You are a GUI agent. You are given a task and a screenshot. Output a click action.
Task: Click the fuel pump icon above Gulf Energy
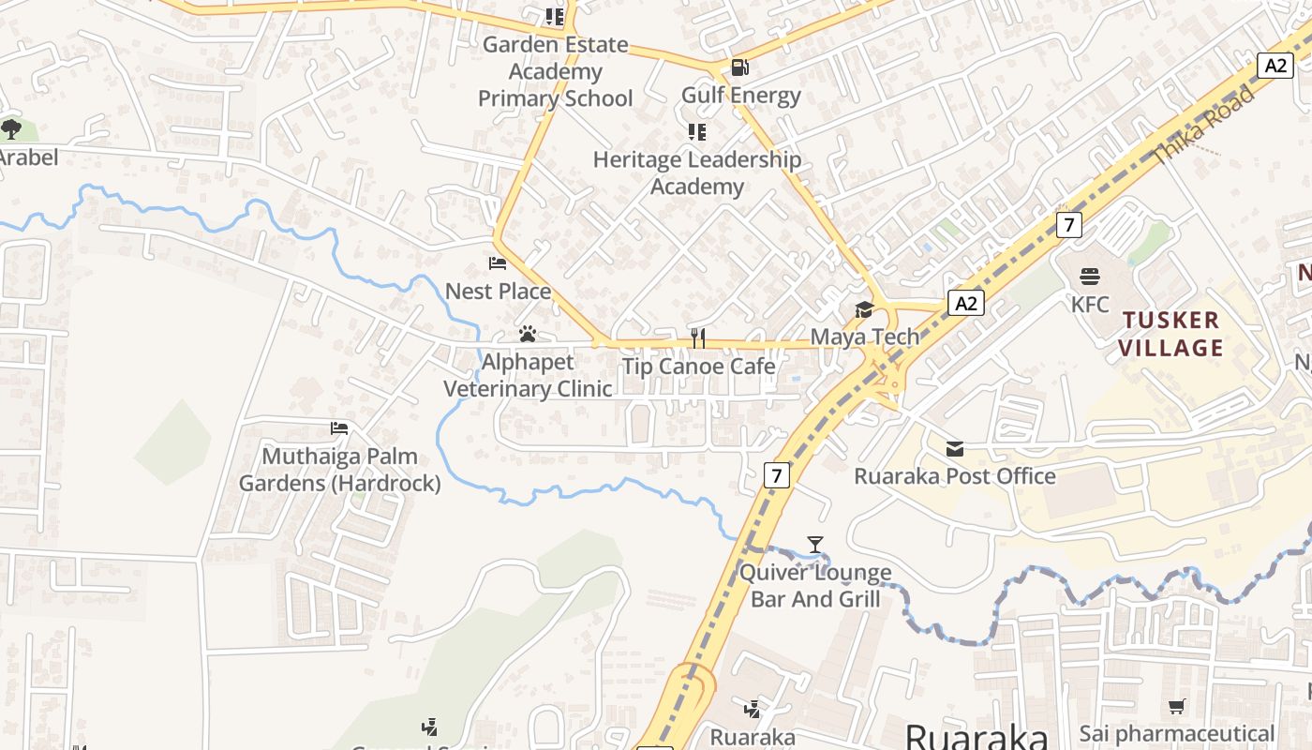(x=739, y=67)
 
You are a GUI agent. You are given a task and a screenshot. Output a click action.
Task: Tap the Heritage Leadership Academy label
(x=697, y=173)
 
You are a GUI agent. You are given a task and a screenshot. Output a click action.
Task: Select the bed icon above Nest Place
(x=498, y=263)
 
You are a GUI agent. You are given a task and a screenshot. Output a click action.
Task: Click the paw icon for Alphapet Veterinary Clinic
(x=528, y=334)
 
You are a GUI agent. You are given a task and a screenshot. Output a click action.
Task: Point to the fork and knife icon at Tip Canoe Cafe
(x=697, y=338)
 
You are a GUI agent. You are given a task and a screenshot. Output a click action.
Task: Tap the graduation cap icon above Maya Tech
(x=863, y=309)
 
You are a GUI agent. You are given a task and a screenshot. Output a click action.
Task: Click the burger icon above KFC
(x=1090, y=277)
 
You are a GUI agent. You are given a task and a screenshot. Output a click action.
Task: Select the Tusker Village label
(x=1171, y=334)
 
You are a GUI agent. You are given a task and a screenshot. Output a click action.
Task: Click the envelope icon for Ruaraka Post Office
(x=954, y=449)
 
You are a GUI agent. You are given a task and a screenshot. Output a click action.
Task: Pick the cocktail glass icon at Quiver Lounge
(x=815, y=545)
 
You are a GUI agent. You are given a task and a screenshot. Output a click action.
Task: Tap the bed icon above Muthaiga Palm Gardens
(x=339, y=428)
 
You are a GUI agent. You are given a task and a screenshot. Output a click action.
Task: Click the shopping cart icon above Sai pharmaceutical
(x=1177, y=706)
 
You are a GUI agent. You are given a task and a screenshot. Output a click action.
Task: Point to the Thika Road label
(x=1204, y=126)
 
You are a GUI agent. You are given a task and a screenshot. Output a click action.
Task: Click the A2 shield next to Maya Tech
(x=966, y=303)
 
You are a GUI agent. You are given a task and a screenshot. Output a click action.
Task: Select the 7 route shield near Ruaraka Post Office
(x=775, y=475)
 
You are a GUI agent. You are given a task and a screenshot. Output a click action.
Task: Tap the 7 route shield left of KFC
(x=1068, y=225)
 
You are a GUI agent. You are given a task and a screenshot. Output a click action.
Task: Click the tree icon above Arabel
(x=11, y=128)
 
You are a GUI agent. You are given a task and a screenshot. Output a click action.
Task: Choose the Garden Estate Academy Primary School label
(x=556, y=71)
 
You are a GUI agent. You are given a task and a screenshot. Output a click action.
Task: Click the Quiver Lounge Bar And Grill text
(x=815, y=586)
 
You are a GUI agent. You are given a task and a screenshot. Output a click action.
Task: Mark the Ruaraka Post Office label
(x=954, y=476)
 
